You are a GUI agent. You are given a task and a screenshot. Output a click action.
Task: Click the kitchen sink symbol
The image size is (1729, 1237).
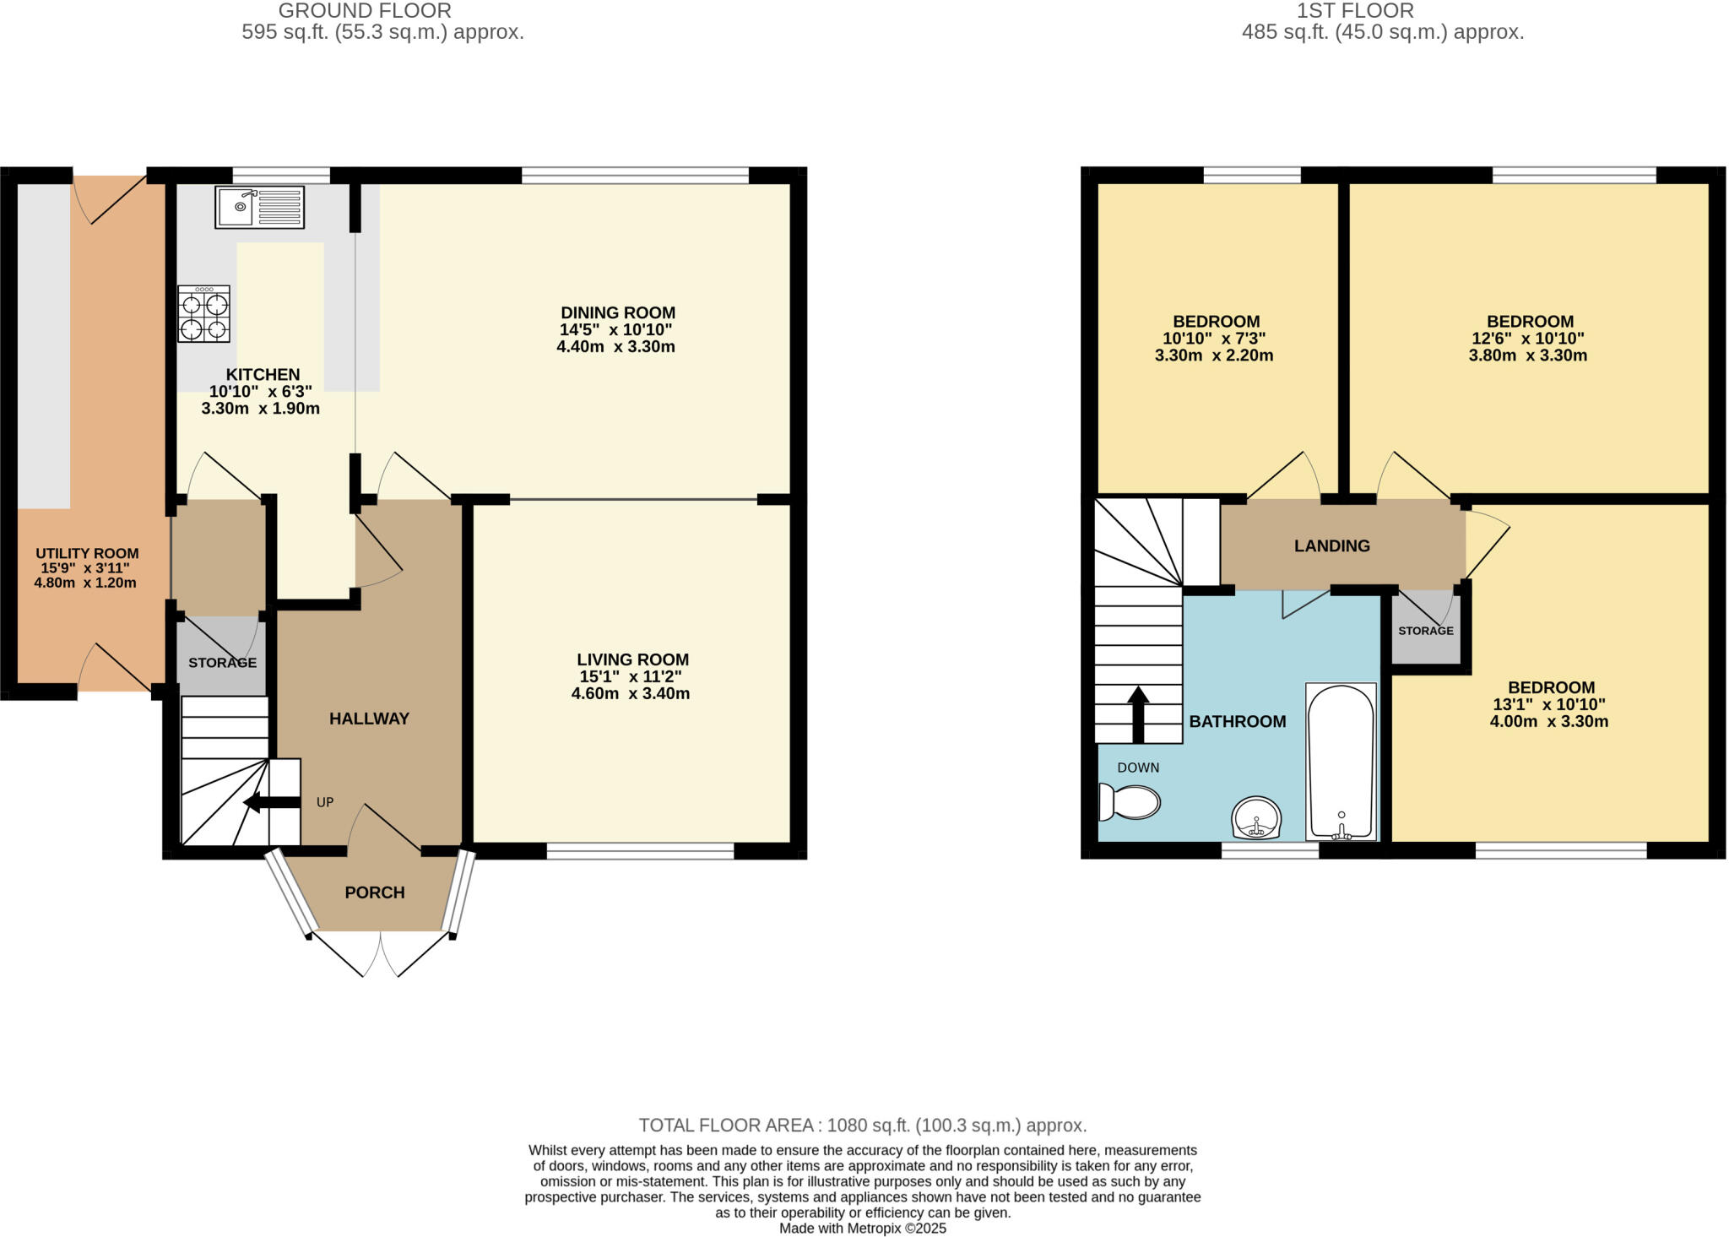click(259, 207)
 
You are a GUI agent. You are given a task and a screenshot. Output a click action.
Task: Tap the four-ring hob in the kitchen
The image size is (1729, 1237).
click(203, 314)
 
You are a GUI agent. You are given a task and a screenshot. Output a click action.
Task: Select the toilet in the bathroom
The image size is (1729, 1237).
click(1130, 802)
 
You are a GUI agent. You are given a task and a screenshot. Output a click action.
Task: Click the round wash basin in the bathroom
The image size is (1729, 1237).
click(1256, 818)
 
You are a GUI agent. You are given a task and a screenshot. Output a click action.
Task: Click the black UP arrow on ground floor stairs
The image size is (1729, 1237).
click(271, 802)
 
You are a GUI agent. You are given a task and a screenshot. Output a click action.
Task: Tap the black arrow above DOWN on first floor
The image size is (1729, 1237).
click(1138, 713)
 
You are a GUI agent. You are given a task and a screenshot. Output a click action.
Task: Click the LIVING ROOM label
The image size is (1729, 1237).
click(632, 659)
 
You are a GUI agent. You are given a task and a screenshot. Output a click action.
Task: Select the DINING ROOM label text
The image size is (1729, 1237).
click(618, 312)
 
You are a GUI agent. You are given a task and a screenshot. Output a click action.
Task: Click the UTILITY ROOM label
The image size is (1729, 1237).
click(87, 553)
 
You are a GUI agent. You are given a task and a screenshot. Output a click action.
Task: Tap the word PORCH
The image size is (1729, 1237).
click(375, 892)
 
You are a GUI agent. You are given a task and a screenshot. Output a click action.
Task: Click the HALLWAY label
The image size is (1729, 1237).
click(369, 719)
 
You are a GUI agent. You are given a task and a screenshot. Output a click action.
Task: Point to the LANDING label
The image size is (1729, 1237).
click(1332, 545)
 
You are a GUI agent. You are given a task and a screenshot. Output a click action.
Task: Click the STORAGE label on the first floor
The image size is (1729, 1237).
click(1425, 631)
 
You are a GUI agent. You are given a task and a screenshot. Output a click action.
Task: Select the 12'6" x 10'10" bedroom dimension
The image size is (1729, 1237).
click(1527, 338)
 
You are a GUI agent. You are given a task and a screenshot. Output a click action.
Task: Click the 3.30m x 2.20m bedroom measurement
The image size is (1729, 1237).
click(1213, 355)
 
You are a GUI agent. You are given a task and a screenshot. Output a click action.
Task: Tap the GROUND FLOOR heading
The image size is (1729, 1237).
click(365, 11)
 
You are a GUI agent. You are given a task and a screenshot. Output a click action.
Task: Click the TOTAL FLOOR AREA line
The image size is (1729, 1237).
click(862, 1125)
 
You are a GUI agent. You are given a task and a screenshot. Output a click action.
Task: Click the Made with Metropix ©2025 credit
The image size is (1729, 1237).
click(862, 1229)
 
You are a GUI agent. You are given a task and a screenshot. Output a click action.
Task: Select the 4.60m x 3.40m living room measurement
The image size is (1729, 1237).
click(630, 694)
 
